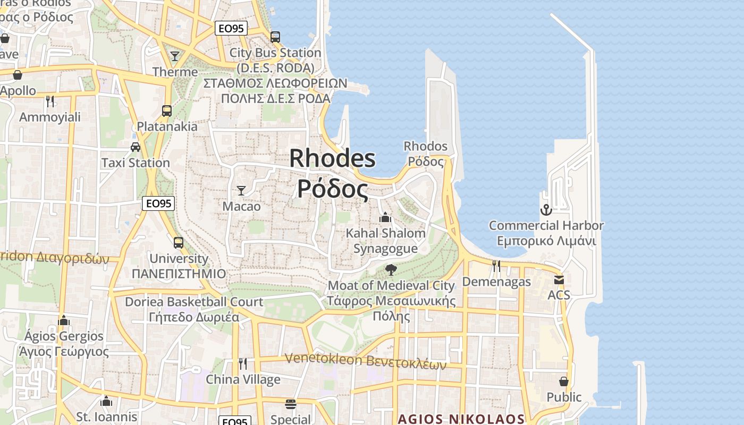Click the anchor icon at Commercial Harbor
(x=546, y=210)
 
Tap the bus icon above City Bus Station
(x=275, y=37)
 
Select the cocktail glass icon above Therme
(x=175, y=56)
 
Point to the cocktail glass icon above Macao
(x=241, y=190)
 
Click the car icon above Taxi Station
(x=136, y=147)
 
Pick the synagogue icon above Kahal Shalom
(x=385, y=217)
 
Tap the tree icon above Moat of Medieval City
(x=391, y=269)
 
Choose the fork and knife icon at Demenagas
(x=496, y=266)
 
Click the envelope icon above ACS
(x=559, y=279)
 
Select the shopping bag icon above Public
(x=564, y=381)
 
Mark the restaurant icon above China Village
(x=243, y=363)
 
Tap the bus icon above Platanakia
(x=167, y=110)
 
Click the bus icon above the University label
(x=179, y=243)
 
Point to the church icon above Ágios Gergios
(x=64, y=320)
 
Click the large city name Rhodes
(x=332, y=159)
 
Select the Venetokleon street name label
(x=365, y=360)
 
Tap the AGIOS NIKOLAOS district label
(x=461, y=419)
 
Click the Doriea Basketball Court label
(x=194, y=302)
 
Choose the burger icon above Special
(x=290, y=404)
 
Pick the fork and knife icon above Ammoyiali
(x=50, y=101)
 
